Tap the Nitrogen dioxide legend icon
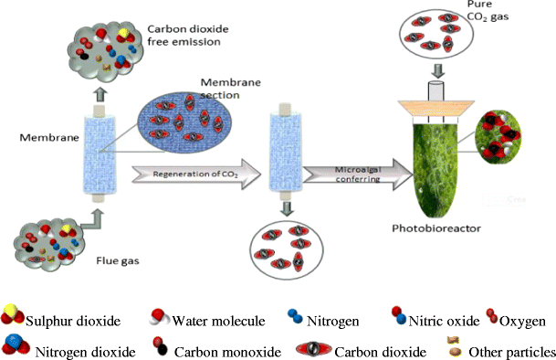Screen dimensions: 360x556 click(x=18, y=347)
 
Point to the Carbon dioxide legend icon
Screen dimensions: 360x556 click(x=315, y=349)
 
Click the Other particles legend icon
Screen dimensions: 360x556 click(x=449, y=345)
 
